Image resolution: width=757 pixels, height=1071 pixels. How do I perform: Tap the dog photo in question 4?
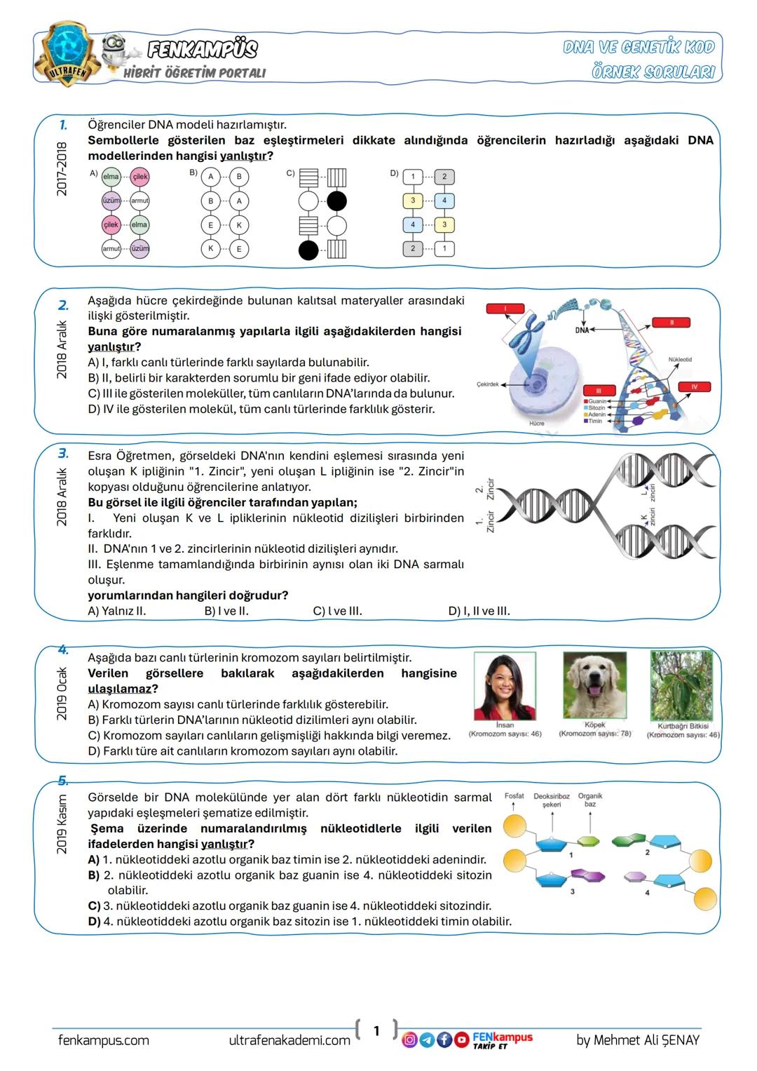click(594, 685)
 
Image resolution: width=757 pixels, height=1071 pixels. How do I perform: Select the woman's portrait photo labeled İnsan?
click(505, 685)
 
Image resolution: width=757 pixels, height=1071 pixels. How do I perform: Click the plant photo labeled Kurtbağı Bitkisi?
click(681, 685)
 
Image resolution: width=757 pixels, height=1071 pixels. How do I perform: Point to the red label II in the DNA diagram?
click(671, 323)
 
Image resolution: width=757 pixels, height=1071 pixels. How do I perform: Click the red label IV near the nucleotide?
click(694, 386)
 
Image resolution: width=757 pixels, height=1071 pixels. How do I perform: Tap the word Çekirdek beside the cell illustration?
click(487, 384)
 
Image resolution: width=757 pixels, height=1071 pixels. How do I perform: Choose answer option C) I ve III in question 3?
click(337, 611)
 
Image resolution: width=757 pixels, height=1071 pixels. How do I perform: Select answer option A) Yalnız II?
click(116, 611)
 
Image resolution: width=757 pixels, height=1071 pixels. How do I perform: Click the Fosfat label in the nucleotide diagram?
click(514, 796)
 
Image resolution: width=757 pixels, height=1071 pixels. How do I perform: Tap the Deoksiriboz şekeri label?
click(551, 800)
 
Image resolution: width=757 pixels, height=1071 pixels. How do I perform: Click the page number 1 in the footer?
click(376, 1030)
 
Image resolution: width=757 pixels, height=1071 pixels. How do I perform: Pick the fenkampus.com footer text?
click(104, 1040)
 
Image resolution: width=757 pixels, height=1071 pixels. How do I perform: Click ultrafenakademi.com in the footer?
click(289, 1040)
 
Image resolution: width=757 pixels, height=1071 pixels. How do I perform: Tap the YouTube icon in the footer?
click(461, 1039)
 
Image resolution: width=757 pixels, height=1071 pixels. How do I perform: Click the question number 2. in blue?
click(63, 305)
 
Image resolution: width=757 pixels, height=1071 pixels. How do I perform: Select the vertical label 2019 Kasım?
click(62, 824)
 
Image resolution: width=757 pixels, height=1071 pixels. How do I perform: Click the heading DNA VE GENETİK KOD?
click(639, 47)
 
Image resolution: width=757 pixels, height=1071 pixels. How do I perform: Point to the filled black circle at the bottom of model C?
click(308, 250)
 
